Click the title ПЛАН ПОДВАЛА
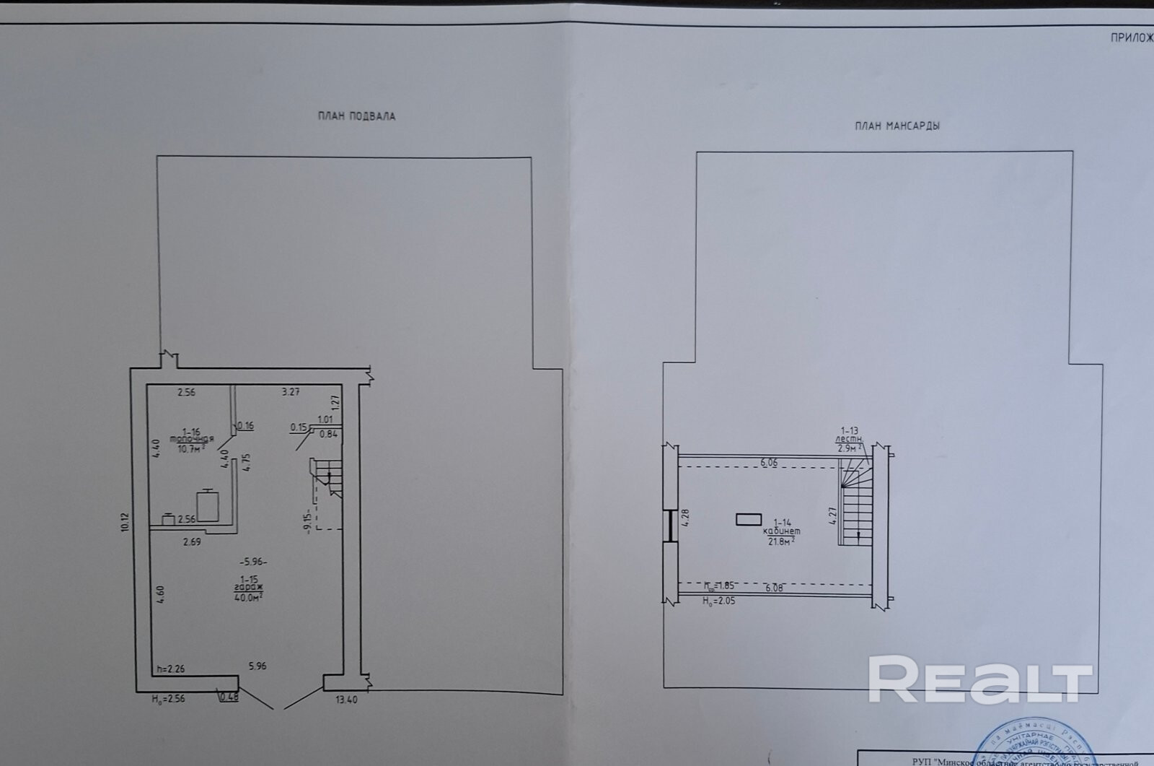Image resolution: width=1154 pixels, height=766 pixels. point(356,116)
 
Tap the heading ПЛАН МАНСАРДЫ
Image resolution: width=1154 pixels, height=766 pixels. point(897,126)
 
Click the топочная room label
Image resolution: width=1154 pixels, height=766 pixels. point(192,439)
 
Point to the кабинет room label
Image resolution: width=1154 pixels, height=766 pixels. point(783,530)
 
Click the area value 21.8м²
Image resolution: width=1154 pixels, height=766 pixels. point(782,539)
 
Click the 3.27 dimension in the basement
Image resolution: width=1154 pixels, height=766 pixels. point(290,392)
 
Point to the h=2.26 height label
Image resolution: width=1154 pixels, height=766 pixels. point(170,669)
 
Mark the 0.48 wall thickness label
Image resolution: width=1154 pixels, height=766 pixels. point(229,697)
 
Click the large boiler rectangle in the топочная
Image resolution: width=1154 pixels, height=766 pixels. point(208,505)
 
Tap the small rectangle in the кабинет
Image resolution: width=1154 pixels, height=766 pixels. point(748,518)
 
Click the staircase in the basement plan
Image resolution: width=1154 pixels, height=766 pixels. point(325,479)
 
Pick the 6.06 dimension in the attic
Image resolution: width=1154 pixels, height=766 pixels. point(769,462)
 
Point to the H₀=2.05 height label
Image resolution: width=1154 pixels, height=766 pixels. point(719,600)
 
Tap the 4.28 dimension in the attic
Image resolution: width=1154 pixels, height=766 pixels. point(686,518)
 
